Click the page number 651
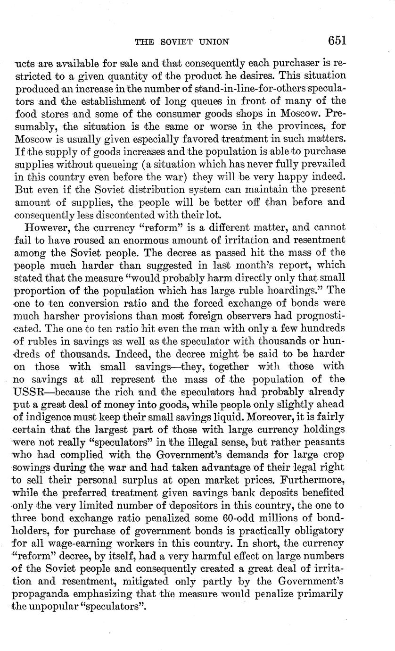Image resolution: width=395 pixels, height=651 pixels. point(337,41)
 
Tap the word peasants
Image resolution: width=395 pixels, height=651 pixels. point(321,442)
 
